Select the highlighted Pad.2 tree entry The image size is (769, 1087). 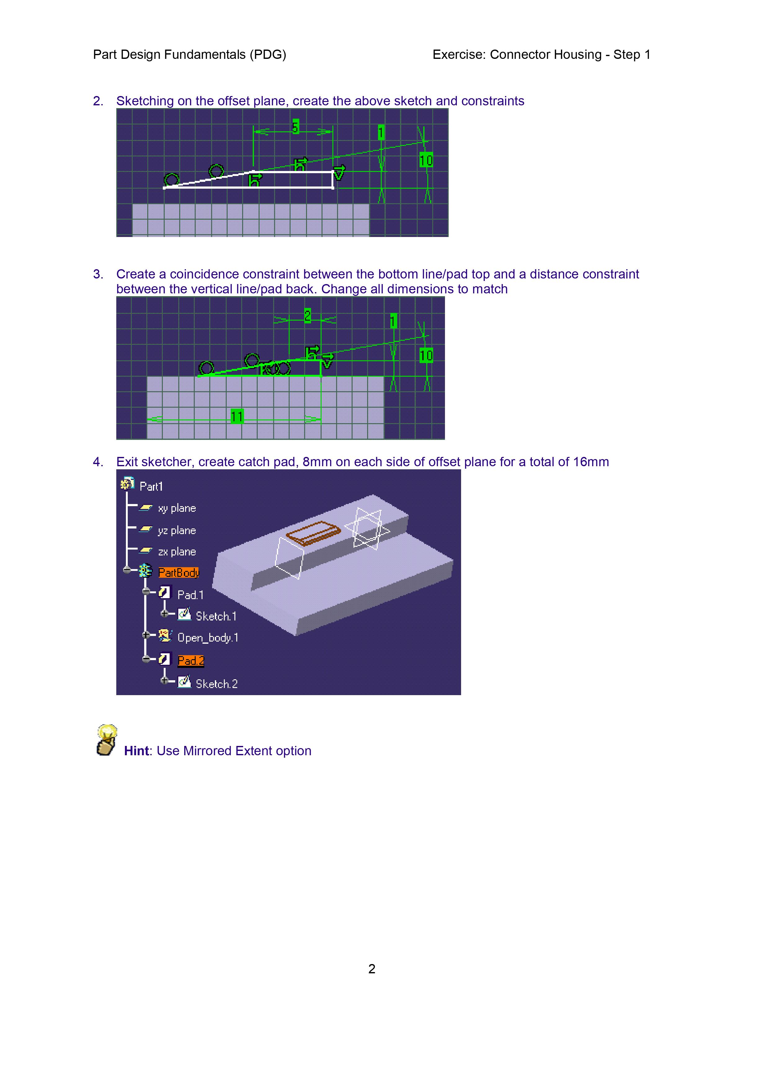pyautogui.click(x=190, y=660)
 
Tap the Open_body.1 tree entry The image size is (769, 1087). pyautogui.click(x=207, y=638)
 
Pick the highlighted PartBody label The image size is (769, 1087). pyautogui.click(x=179, y=572)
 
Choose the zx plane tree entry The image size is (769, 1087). pyautogui.click(x=177, y=551)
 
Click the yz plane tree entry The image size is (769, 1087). pyautogui.click(x=177, y=530)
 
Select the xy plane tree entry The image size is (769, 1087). pyautogui.click(x=177, y=508)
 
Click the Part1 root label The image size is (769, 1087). pyautogui.click(x=151, y=486)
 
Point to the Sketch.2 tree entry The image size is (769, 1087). pyautogui.click(x=216, y=684)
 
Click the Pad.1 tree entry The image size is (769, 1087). pyautogui.click(x=190, y=595)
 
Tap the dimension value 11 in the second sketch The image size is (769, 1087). pyautogui.click(x=237, y=417)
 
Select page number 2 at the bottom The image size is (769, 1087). pyautogui.click(x=372, y=969)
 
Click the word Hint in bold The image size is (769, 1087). pyautogui.click(x=136, y=751)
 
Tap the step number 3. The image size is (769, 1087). pyautogui.click(x=97, y=274)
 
